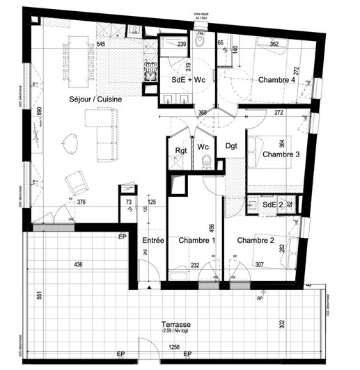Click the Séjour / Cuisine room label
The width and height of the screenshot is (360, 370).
[96, 100]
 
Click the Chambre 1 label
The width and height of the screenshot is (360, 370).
[193, 241]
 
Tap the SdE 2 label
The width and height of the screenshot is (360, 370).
[271, 204]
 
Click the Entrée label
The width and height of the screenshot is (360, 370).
[152, 241]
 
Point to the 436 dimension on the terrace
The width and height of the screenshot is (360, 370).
[78, 264]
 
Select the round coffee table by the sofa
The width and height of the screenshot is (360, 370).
[71, 144]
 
